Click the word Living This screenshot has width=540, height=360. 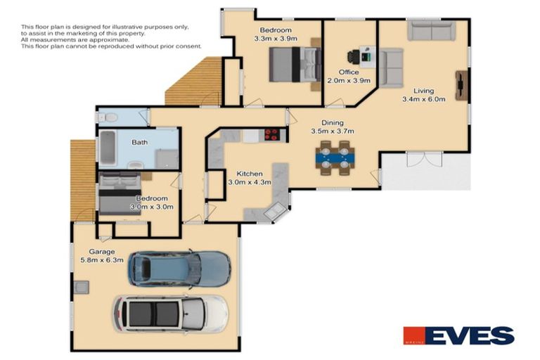[423, 91]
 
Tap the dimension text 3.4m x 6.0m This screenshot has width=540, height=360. [423, 99]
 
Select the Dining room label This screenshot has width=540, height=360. [333, 122]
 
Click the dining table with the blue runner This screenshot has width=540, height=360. [334, 157]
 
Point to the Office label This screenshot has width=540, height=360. [349, 72]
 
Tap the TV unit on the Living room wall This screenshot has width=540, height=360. [461, 85]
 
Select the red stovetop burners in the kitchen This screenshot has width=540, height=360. [272, 135]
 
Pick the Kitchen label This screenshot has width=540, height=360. [249, 174]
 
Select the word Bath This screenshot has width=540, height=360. [140, 143]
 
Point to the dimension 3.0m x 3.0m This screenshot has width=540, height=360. [148, 207]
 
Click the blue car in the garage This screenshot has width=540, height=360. [179, 268]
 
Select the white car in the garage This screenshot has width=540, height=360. [171, 313]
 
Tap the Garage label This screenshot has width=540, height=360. [101, 251]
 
